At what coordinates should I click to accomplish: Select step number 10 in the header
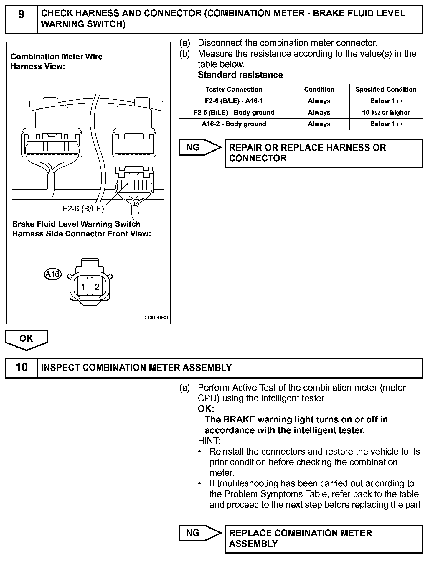click(22, 368)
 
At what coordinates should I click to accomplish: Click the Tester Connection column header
click(234, 90)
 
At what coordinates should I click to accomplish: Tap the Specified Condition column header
click(386, 90)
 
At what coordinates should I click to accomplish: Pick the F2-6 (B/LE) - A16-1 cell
click(234, 101)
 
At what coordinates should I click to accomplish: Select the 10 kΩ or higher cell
click(386, 113)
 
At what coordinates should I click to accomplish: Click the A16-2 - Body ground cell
click(234, 124)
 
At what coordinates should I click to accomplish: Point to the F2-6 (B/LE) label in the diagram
click(83, 209)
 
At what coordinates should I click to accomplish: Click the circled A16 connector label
click(53, 274)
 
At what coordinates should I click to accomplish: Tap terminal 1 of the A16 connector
click(83, 287)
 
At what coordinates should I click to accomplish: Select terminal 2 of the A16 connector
click(97, 287)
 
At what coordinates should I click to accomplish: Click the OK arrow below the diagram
click(26, 339)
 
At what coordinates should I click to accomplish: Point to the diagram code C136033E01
click(156, 318)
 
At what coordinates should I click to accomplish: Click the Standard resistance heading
click(240, 75)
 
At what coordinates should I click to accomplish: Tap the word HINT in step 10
click(209, 441)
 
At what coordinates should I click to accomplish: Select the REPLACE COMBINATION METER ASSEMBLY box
click(324, 539)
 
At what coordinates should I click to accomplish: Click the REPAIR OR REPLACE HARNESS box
click(324, 153)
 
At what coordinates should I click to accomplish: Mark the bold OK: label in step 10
click(206, 409)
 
